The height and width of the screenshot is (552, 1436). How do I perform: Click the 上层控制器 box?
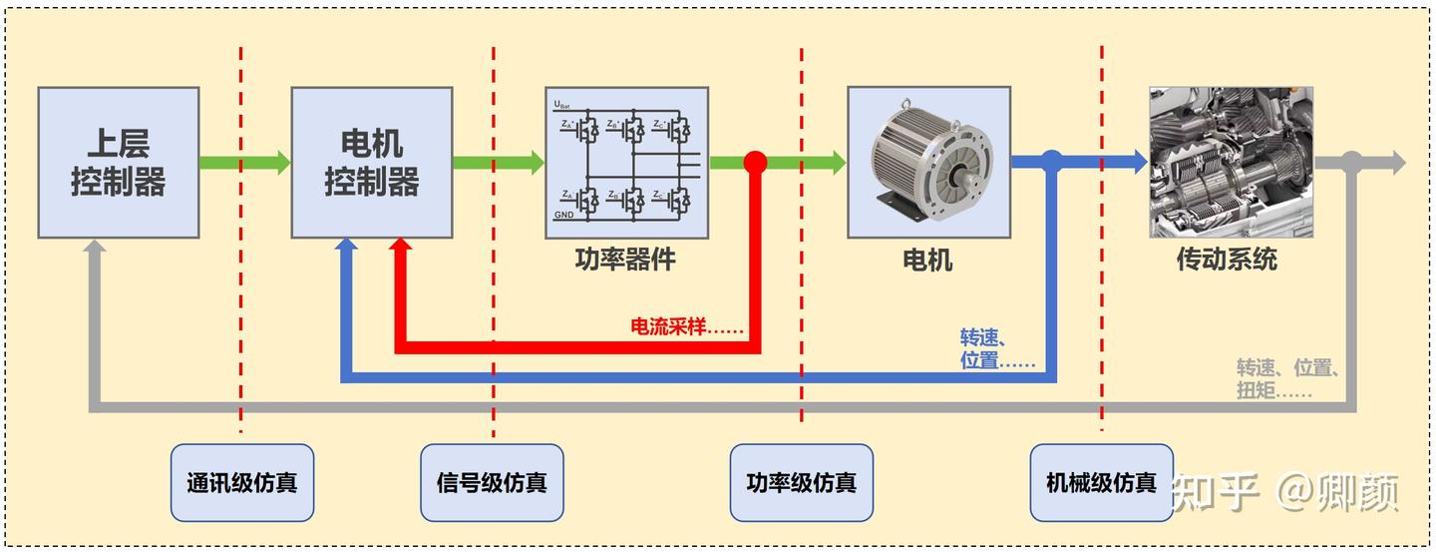tap(118, 162)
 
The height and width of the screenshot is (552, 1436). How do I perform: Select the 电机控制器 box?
tap(371, 162)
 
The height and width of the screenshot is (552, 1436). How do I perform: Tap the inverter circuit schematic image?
tap(626, 162)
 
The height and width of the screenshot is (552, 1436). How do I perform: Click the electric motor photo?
tap(927, 162)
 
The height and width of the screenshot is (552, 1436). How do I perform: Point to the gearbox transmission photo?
tap(1231, 162)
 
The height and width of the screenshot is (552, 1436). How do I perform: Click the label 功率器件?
tap(625, 260)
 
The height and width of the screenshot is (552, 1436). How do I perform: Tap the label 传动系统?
tap(1227, 260)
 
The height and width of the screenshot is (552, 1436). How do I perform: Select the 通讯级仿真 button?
tap(241, 483)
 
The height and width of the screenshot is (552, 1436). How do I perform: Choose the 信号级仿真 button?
tap(492, 483)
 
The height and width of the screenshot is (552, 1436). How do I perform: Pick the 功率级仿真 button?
tap(801, 483)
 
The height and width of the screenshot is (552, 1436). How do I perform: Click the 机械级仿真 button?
tap(1101, 483)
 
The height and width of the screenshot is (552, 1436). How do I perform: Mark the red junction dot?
tap(755, 162)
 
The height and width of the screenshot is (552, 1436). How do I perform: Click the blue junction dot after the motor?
tap(1051, 160)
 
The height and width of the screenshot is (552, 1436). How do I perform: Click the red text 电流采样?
tap(686, 326)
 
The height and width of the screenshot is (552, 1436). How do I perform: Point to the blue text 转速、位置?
tap(995, 347)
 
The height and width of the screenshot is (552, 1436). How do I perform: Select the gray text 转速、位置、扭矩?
tap(1286, 378)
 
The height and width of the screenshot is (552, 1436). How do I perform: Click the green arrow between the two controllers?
tap(243, 162)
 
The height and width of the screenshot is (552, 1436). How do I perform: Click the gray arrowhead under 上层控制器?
tap(95, 248)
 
